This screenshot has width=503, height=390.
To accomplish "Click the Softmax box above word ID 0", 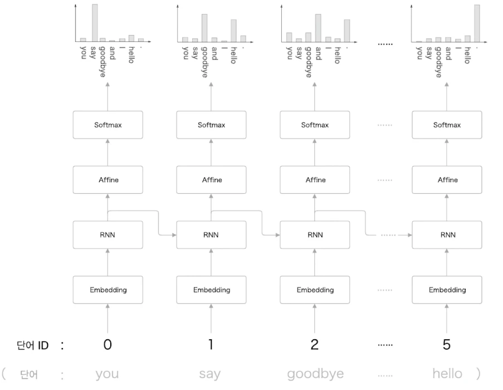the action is tap(108, 125).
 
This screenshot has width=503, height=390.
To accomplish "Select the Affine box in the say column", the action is tap(212, 179).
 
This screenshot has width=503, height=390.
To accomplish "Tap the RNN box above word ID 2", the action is tap(315, 235).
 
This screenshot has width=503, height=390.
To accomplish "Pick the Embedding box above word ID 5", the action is tap(447, 290).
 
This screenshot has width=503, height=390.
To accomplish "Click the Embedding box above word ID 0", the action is tap(108, 290).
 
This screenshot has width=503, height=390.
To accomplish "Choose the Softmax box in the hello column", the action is tap(447, 125).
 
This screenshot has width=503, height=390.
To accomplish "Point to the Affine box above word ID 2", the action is tap(315, 179).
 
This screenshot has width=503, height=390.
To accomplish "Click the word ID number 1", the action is tap(211, 344).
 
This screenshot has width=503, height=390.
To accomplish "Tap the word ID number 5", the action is tap(447, 344).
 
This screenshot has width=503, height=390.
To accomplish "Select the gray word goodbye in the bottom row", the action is tap(315, 374).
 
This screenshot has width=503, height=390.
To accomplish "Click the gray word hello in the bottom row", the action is tap(447, 373).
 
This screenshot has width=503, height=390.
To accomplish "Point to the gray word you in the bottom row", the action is tap(107, 374).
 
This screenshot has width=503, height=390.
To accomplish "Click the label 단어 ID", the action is tap(32, 345).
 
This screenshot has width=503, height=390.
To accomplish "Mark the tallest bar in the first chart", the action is tap(95, 23).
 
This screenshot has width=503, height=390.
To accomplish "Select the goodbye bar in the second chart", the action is tap(204, 28).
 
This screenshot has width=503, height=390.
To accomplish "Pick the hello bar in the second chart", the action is tap(233, 31).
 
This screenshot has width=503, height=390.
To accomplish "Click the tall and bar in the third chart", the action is tap(318, 28).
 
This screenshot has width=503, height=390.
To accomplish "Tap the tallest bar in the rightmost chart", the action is tap(477, 23).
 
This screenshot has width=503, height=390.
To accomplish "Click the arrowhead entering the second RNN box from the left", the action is tap(174, 235).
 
